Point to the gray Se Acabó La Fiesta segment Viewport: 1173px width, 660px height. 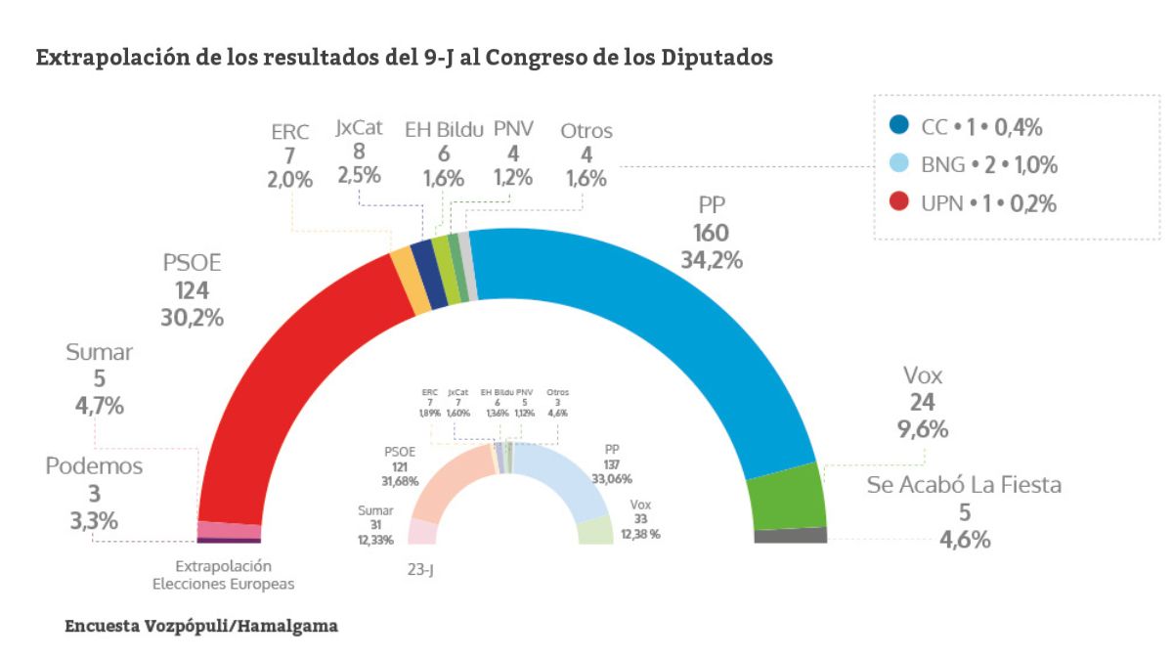coord(791,535)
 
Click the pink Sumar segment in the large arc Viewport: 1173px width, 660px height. coord(229,529)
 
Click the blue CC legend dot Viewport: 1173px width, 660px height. coord(900,126)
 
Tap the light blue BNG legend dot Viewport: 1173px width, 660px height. coord(900,164)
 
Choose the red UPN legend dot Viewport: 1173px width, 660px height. coord(900,202)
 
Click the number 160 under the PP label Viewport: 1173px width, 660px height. coord(712,233)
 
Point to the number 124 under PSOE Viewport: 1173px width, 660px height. coord(193,290)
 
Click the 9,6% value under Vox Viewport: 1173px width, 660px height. coord(923,429)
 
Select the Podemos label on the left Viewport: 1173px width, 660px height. coord(94,466)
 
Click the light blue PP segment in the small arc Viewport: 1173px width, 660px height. coord(567,479)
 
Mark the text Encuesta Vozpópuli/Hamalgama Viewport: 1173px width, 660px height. coord(201,625)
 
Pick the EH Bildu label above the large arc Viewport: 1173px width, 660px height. coord(444,129)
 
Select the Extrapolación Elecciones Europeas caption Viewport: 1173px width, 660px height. coord(223,575)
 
